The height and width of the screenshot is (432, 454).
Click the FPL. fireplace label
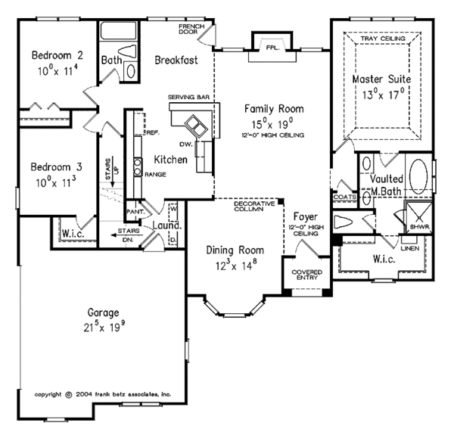tap(272, 48)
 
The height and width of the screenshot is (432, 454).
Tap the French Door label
tap(191, 29)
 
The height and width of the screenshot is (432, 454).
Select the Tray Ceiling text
tap(383, 39)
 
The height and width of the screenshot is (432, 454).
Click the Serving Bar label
tap(188, 97)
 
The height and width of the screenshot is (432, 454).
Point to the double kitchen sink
tap(195, 126)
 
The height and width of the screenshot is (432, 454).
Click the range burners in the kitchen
tap(138, 166)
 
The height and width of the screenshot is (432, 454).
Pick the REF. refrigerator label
tap(153, 132)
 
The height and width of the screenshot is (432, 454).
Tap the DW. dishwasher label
tap(186, 144)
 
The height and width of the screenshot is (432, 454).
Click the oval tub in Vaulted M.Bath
tap(418, 176)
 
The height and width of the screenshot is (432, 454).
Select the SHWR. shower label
tap(420, 227)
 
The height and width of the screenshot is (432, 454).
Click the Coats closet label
tap(345, 197)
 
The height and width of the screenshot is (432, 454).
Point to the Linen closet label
tap(410, 248)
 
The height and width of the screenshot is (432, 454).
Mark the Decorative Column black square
tap(281, 201)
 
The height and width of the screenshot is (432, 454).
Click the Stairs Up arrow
tap(112, 172)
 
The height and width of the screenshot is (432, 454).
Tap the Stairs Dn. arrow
tap(127, 235)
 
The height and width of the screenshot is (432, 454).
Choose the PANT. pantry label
tap(135, 212)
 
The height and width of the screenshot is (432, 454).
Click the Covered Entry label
tap(307, 275)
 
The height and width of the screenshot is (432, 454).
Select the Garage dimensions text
tap(104, 327)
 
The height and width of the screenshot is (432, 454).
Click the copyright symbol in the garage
tap(69, 395)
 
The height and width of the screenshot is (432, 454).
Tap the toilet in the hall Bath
tap(127, 51)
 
